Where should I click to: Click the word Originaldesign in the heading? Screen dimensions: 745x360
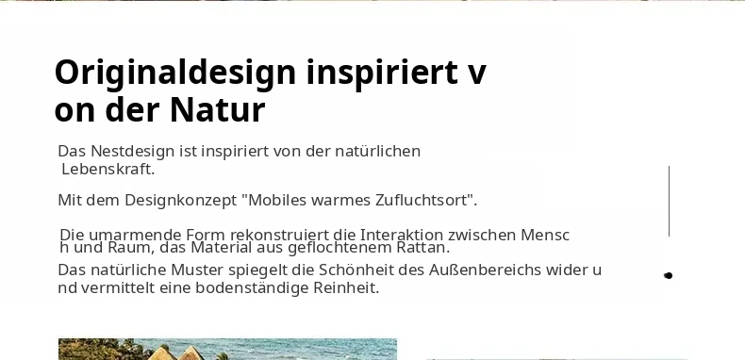[x=175, y=74]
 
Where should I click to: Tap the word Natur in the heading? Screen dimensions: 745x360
[x=217, y=110]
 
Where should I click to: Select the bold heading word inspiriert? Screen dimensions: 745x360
[x=383, y=73]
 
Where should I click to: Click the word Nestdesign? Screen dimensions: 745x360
[x=133, y=152]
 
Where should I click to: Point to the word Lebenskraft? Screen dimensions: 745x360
[x=108, y=169]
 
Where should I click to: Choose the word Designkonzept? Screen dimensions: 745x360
[x=180, y=201]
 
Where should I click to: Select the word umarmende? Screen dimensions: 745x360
[x=135, y=235]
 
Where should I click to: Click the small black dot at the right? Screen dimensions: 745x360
[x=668, y=275]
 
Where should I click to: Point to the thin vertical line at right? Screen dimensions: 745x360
[x=669, y=201]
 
